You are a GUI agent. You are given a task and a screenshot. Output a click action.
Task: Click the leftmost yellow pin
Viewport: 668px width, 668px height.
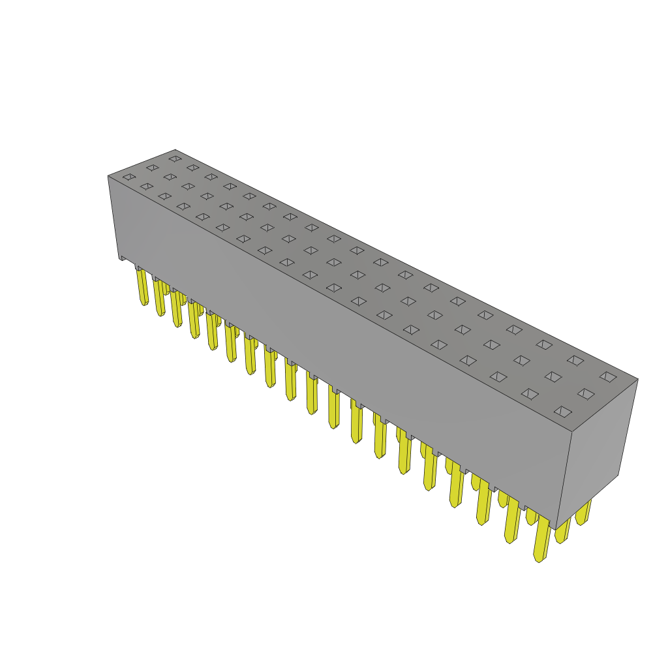pyautogui.click(x=142, y=287)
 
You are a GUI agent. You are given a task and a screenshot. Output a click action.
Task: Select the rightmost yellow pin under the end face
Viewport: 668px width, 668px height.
pyautogui.click(x=583, y=513)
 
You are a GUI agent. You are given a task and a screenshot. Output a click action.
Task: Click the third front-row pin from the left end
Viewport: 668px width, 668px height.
pyautogui.click(x=176, y=309)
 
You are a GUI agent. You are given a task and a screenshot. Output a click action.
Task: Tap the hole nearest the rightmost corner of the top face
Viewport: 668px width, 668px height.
pyautogui.click(x=608, y=376)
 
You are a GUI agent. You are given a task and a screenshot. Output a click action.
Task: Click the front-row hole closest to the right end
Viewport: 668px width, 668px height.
pyautogui.click(x=563, y=412)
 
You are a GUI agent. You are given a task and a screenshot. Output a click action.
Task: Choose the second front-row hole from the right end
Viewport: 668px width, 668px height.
pyautogui.click(x=530, y=394)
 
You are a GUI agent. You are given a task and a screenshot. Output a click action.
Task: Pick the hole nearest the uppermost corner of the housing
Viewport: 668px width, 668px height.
pyautogui.click(x=175, y=159)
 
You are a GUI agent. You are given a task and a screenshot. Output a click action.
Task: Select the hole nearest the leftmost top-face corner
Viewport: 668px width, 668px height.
pyautogui.click(x=129, y=177)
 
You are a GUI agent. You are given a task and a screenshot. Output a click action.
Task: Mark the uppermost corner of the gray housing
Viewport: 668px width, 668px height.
pyautogui.click(x=175, y=150)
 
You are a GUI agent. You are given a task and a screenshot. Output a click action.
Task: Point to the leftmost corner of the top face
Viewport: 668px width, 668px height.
pyautogui.click(x=108, y=176)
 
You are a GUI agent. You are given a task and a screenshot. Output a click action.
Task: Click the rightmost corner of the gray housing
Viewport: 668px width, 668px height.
pyautogui.click(x=637, y=379)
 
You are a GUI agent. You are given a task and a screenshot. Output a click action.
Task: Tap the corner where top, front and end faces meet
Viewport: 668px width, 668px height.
pyautogui.click(x=572, y=431)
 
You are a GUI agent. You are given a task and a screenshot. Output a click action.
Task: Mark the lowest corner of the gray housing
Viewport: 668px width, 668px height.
pyautogui.click(x=556, y=529)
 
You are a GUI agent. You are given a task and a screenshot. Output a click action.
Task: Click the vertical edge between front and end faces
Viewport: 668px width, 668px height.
pyautogui.click(x=564, y=479)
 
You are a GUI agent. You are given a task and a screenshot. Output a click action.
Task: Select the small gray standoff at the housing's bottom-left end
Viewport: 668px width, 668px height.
pyautogui.click(x=122, y=258)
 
